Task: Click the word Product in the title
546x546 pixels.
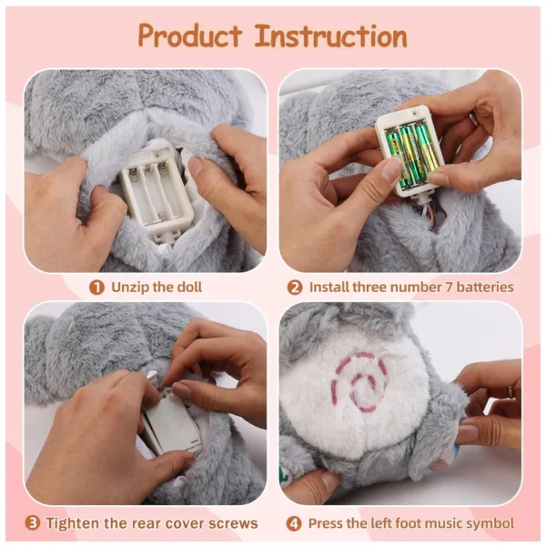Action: [x=190, y=35]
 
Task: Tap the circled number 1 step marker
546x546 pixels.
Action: [x=96, y=288]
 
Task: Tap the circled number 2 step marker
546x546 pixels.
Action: [x=295, y=288]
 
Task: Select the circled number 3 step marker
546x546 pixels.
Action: [x=33, y=523]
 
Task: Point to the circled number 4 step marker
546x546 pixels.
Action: [x=294, y=523]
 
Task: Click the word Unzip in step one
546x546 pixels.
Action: [x=130, y=288]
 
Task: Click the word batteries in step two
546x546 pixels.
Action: [x=485, y=288]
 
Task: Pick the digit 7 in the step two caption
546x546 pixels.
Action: [x=449, y=288]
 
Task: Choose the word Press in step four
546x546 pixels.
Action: [x=325, y=523]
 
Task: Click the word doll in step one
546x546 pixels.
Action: [x=190, y=288]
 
